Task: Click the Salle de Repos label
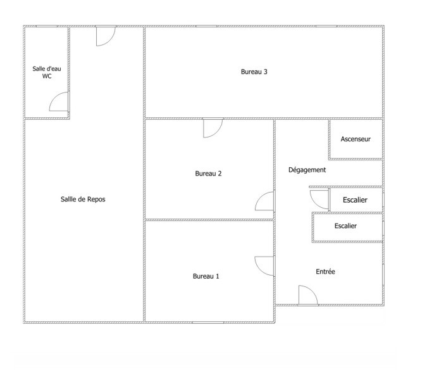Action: [83, 200]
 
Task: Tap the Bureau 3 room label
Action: [254, 72]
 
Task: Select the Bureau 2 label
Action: [208, 174]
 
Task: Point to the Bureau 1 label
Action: [206, 276]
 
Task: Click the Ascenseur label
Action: [356, 139]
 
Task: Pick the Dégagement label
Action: [307, 170]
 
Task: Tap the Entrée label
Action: [325, 272]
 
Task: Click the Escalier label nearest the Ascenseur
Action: [355, 200]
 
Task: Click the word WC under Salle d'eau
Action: [47, 76]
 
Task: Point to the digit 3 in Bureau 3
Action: [266, 72]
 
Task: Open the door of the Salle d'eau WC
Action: [59, 101]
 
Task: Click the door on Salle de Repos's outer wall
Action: [106, 36]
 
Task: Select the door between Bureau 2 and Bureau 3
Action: [213, 128]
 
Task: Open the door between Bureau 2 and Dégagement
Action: [264, 201]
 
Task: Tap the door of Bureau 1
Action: [264, 266]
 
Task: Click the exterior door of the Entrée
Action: [308, 295]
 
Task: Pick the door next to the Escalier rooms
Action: [319, 200]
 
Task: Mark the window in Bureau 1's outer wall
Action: [208, 322]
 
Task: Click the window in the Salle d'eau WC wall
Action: [47, 26]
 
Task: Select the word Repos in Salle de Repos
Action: [96, 200]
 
